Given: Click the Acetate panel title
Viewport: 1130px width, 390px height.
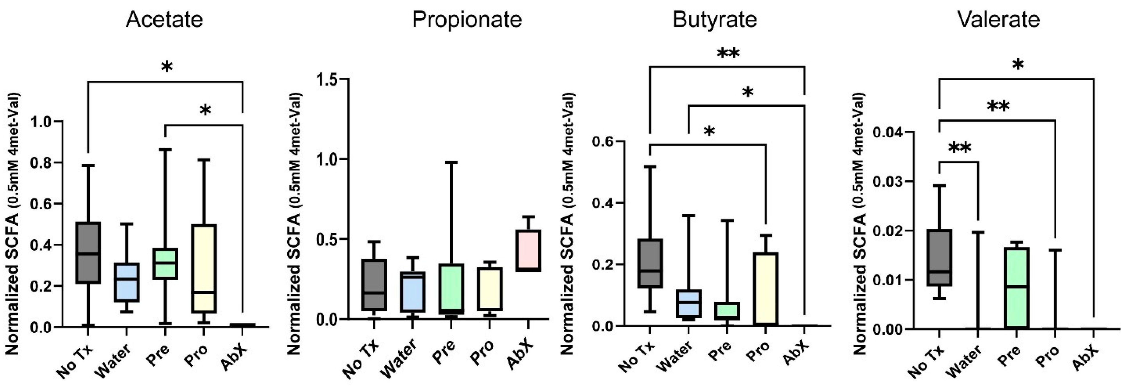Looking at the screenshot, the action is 165,20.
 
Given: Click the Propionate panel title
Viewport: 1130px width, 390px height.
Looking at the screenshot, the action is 467,20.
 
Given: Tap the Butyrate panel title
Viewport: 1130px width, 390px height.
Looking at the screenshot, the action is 715,20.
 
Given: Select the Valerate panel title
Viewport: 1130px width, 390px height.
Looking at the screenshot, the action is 998,20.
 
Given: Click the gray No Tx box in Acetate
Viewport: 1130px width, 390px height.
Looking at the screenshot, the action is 88,253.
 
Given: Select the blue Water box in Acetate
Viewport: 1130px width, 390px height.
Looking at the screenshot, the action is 126,282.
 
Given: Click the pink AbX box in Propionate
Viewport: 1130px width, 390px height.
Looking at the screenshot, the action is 528,250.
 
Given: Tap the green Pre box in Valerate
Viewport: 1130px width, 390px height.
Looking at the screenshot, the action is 1016,287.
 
